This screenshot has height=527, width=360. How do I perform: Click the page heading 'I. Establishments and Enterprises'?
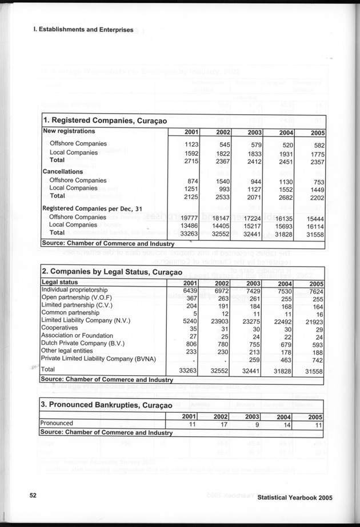click(x=83, y=29)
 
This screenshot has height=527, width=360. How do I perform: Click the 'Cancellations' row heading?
click(x=63, y=171)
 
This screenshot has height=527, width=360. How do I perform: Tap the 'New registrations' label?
click(x=70, y=131)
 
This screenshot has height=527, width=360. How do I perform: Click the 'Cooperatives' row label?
click(x=60, y=329)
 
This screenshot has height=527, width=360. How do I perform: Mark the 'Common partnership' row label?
click(x=70, y=313)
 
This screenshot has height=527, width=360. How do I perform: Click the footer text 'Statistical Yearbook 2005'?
click(x=294, y=498)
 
